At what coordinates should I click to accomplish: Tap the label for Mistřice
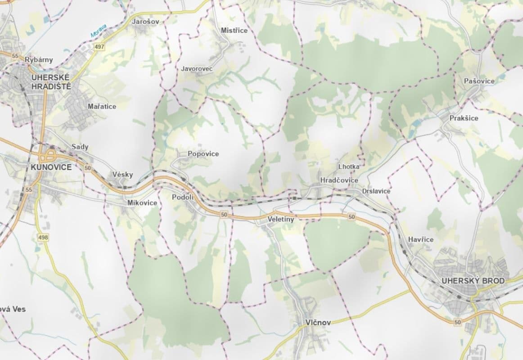(x=234, y=30)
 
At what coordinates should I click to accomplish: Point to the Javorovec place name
(x=196, y=69)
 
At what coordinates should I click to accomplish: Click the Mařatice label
(x=102, y=107)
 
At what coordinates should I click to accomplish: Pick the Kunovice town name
(x=51, y=167)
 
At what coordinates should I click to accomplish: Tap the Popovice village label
(x=203, y=154)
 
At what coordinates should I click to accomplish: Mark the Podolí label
(x=183, y=197)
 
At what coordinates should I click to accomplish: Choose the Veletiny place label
(x=280, y=220)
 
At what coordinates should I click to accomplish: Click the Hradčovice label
(x=339, y=180)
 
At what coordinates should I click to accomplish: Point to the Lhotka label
(x=349, y=166)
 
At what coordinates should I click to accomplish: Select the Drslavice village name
(x=376, y=191)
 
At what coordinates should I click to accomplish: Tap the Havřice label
(x=421, y=239)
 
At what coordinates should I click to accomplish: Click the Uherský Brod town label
(x=473, y=281)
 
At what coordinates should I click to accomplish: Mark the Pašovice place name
(x=479, y=81)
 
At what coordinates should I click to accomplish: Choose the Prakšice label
(x=464, y=118)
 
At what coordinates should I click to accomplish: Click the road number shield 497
(x=99, y=47)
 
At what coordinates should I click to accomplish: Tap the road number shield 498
(x=43, y=237)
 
